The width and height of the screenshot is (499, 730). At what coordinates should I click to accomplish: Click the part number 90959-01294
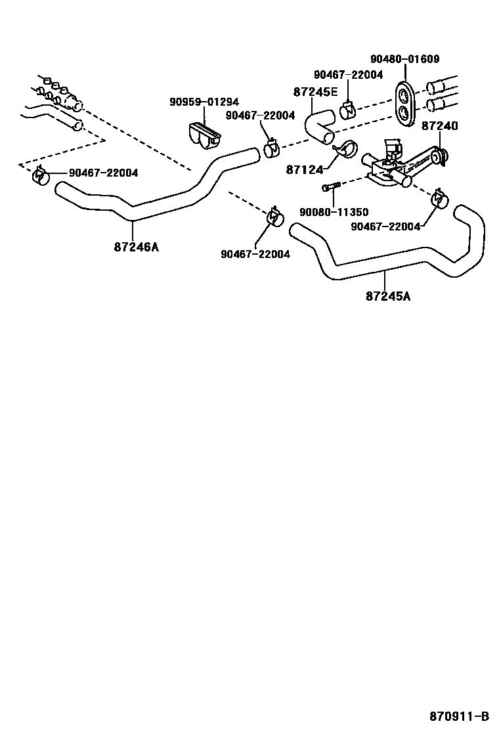point(204,102)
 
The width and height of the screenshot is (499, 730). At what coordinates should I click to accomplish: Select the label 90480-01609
point(404,59)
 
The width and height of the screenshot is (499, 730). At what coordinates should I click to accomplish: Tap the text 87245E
point(316,92)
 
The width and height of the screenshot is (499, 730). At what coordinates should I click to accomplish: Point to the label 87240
point(439,125)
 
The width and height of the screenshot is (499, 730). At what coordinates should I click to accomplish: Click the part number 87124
point(305,169)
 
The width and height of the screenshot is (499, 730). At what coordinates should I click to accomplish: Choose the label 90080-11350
point(334,212)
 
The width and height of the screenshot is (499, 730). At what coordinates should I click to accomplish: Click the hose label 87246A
point(136,247)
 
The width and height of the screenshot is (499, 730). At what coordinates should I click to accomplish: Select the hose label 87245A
point(387,296)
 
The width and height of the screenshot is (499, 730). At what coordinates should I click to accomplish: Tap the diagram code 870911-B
point(460,716)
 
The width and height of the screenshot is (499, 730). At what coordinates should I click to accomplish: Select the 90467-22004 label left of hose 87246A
point(103,173)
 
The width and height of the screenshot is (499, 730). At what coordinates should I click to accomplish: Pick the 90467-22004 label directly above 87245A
point(385,226)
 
